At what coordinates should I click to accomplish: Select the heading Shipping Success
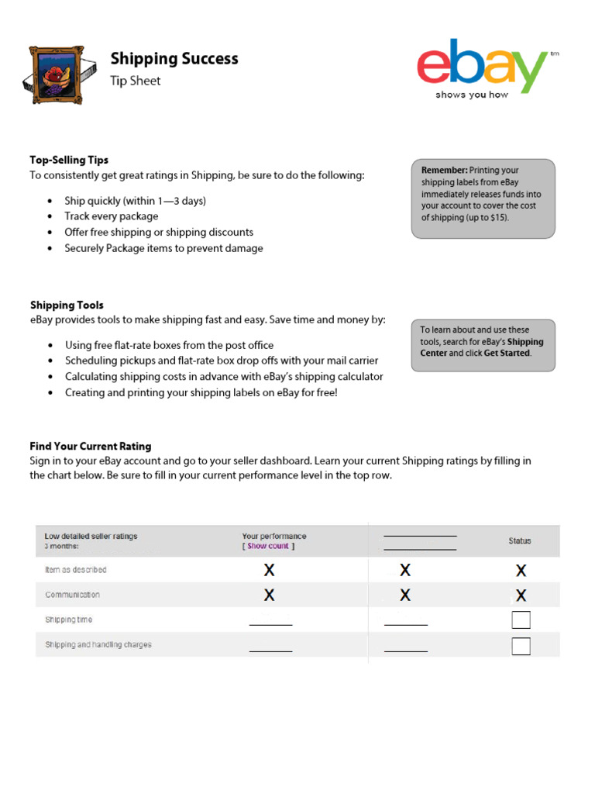(x=174, y=59)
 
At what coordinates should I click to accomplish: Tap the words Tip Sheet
(x=136, y=81)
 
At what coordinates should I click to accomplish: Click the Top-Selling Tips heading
(x=69, y=160)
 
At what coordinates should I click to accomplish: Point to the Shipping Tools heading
(x=67, y=305)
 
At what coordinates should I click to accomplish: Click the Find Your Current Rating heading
(x=91, y=446)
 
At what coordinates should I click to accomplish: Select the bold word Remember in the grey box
(x=444, y=170)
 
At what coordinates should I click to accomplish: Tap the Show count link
(x=268, y=546)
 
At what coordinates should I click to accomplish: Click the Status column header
(x=520, y=540)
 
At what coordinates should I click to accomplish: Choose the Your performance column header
(x=274, y=536)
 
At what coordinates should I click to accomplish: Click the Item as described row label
(x=76, y=570)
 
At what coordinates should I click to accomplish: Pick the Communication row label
(x=73, y=595)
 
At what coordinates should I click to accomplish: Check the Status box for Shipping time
(x=521, y=620)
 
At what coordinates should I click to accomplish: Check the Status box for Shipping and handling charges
(x=521, y=645)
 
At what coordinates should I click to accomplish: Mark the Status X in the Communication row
(x=521, y=595)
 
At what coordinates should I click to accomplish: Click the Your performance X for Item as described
(x=269, y=571)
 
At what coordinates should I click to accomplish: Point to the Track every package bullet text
(x=112, y=216)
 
